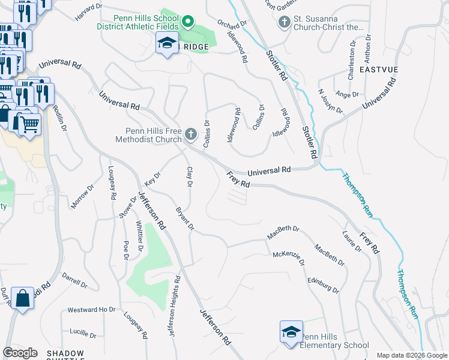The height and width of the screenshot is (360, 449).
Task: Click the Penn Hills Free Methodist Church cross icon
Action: coord(191,134)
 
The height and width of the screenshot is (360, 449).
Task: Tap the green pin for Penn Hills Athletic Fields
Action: coord(188,22)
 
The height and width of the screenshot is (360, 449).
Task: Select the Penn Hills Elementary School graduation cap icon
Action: coord(291,332)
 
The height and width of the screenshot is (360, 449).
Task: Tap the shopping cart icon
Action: coord(28,124)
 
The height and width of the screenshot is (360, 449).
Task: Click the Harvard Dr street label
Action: coord(89,11)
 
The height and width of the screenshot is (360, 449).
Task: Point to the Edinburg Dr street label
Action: coord(323,284)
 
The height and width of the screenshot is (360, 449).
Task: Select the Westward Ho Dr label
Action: coord(91,310)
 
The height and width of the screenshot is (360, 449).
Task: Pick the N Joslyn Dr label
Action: coord(330,101)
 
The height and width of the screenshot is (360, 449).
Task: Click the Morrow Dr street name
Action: coord(83,196)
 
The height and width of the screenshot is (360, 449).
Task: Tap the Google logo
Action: coord(20,353)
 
